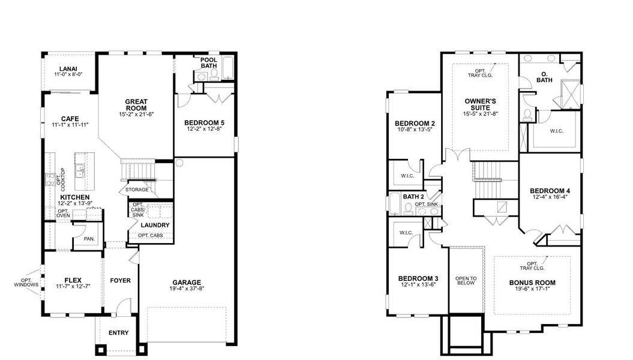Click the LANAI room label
67,68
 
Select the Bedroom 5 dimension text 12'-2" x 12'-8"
204,129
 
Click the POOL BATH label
208,63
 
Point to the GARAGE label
187,283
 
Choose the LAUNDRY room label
155,225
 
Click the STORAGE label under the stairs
137,190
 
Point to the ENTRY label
118,333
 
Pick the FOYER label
120,280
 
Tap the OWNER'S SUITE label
478,104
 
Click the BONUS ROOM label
532,283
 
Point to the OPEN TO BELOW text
466,280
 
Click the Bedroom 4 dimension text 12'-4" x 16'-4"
550,196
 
